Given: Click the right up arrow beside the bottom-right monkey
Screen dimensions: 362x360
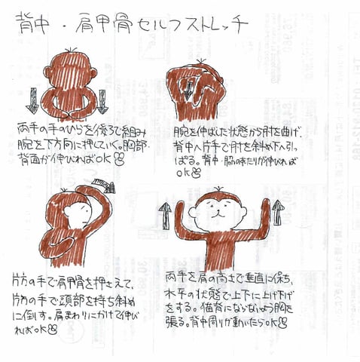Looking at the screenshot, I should (x=277, y=213).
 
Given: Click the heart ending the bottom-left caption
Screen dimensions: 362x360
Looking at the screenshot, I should (x=53, y=328).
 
